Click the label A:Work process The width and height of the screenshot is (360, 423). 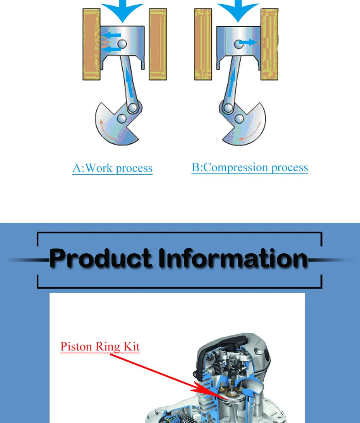tap(112, 169)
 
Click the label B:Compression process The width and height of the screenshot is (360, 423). tap(250, 168)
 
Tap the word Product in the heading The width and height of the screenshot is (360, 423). tap(101, 259)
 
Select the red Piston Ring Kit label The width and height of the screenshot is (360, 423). tap(100, 346)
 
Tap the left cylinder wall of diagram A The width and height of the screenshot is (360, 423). tap(91, 45)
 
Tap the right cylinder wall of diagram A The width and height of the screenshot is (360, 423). tap(158, 45)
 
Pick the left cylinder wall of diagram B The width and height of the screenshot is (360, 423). tap(203, 45)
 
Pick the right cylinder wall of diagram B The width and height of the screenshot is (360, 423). tap(269, 45)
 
